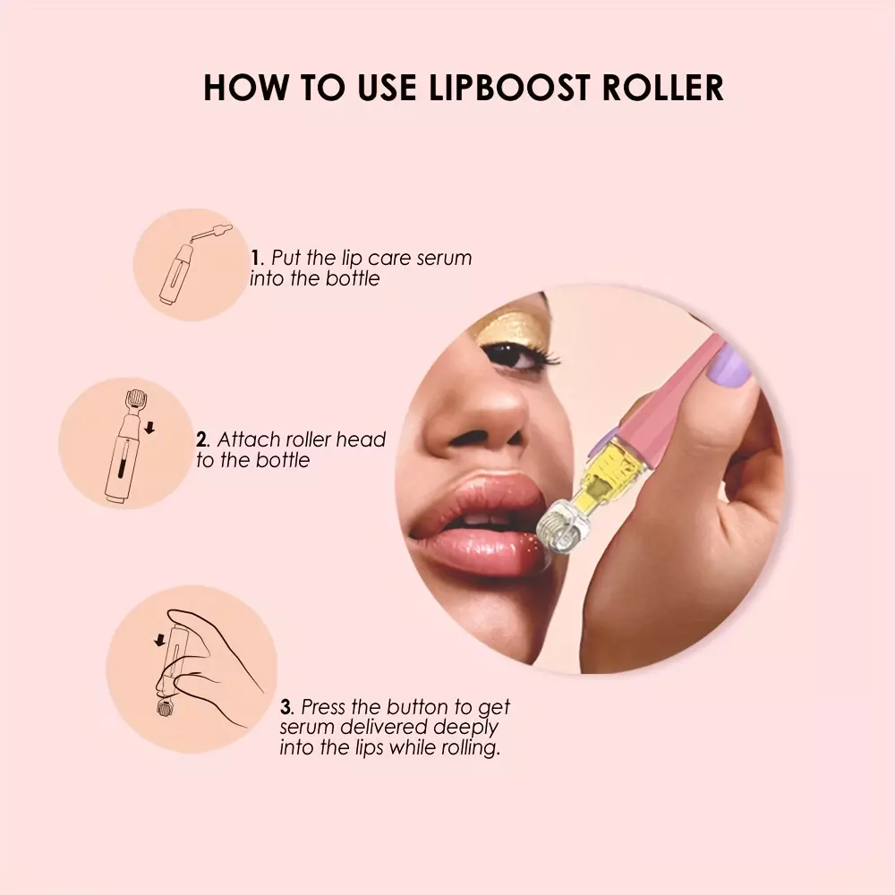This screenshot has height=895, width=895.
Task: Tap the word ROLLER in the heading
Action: click(662, 88)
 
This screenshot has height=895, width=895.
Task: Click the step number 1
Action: click(255, 258)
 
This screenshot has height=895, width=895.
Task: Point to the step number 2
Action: click(201, 439)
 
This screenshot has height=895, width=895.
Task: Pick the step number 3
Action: click(286, 707)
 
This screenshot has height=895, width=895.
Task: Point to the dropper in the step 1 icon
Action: click(212, 233)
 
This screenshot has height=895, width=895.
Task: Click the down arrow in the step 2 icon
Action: click(149, 428)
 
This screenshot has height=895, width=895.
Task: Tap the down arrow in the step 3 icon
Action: click(160, 640)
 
